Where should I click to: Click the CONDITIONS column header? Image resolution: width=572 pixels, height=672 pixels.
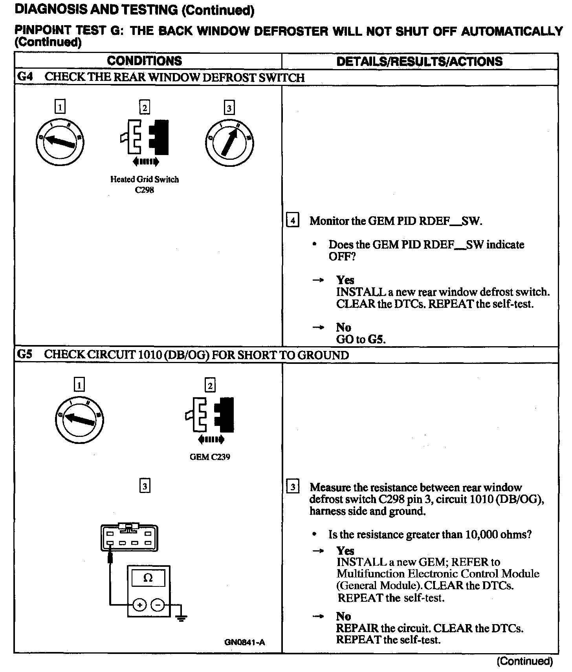pyautogui.click(x=144, y=61)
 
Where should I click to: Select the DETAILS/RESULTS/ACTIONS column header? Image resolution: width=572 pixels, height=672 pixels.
pyautogui.click(x=419, y=61)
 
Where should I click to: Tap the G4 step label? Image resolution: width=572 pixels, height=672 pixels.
pyautogui.click(x=25, y=77)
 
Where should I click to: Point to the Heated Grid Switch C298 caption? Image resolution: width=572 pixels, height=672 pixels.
pyautogui.click(x=144, y=184)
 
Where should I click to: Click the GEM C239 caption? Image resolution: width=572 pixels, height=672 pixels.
pyautogui.click(x=210, y=457)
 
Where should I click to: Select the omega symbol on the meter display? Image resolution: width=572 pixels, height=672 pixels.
pyautogui.click(x=148, y=578)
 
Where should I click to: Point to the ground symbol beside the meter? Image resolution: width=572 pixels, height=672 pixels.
pyautogui.click(x=181, y=617)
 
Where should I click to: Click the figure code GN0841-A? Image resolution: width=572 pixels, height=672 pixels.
pyautogui.click(x=245, y=643)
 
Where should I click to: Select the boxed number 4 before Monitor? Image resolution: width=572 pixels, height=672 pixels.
pyautogui.click(x=293, y=220)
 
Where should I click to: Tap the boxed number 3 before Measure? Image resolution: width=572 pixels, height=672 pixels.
pyautogui.click(x=293, y=487)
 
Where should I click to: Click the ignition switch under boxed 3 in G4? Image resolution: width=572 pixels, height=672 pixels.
pyautogui.click(x=229, y=143)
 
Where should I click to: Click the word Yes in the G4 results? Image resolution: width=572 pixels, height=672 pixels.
pyautogui.click(x=345, y=280)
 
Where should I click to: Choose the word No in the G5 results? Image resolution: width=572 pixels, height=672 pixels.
pyautogui.click(x=343, y=616)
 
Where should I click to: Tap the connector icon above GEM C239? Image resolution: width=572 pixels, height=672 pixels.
pyautogui.click(x=210, y=414)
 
